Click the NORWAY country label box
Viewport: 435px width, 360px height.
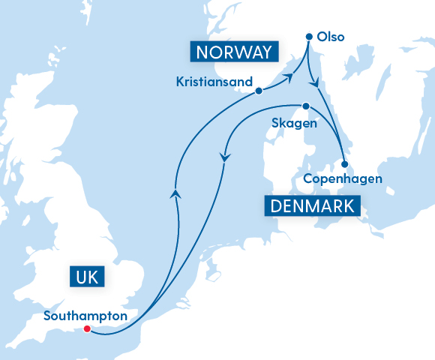[233, 52]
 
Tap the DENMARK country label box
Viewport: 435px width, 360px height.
[312, 205]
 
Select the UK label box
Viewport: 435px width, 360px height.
[87, 276]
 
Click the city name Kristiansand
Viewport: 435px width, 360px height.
[213, 81]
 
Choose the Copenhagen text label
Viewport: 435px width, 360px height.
[343, 179]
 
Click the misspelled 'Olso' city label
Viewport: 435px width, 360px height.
[331, 36]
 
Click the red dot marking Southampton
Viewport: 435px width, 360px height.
[87, 328]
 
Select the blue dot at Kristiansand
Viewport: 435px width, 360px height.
[259, 91]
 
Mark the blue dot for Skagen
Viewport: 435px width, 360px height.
[306, 106]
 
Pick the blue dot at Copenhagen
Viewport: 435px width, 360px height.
[344, 164]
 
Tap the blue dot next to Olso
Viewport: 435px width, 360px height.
[309, 36]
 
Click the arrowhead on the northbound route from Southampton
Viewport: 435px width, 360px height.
[175, 193]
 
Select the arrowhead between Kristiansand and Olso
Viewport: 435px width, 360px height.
[288, 76]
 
